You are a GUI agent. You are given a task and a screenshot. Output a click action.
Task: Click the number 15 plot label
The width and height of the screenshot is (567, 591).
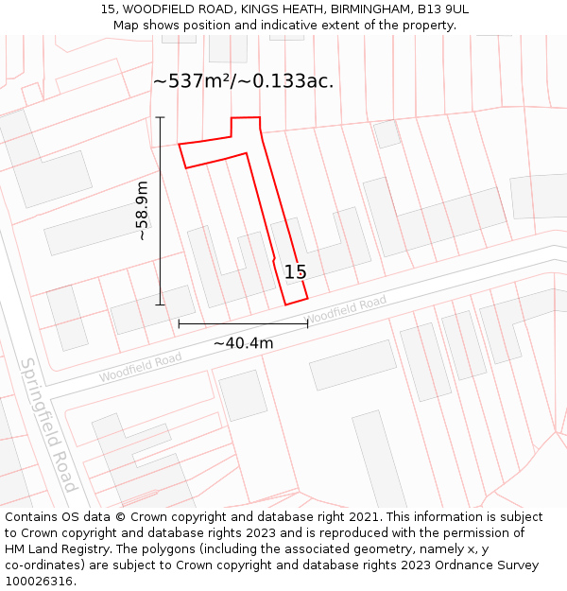click(295, 272)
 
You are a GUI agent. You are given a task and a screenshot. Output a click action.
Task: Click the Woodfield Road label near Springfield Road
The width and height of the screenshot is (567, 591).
click(140, 367)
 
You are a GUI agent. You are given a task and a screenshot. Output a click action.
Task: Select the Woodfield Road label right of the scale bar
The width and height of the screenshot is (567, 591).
click(347, 309)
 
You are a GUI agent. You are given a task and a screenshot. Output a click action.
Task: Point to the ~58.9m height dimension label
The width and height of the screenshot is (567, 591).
click(142, 211)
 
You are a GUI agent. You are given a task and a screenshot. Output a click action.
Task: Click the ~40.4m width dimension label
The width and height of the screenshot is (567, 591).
click(243, 343)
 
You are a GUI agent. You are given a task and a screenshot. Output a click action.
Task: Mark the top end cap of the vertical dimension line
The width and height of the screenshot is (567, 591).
click(161, 117)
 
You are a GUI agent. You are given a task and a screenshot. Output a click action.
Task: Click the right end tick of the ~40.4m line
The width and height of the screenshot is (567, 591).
click(307, 323)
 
